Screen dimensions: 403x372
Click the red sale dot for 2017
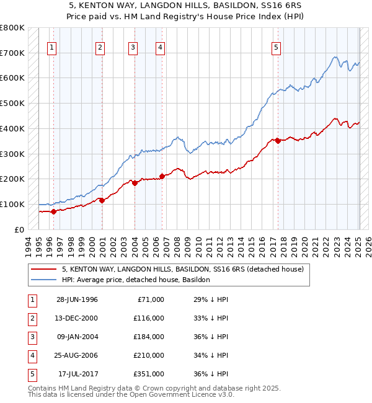tap(278, 141)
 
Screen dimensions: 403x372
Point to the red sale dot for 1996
tap(53, 211)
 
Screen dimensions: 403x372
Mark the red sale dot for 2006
tap(162, 176)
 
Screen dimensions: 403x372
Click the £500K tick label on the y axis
tap(12, 103)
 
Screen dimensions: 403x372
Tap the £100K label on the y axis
tap(12, 204)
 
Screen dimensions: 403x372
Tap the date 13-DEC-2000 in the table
tap(77, 318)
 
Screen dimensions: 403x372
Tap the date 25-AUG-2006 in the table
tap(77, 355)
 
